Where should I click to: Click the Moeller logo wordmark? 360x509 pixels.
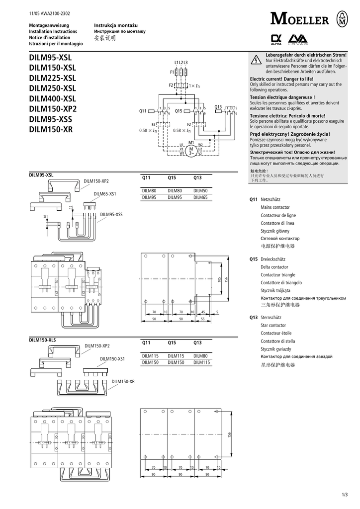click(300, 19)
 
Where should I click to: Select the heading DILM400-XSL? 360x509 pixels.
click(53, 98)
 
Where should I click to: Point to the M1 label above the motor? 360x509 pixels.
click(190, 142)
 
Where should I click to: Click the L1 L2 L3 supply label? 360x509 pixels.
click(181, 62)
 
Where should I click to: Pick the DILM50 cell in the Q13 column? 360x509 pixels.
click(200, 191)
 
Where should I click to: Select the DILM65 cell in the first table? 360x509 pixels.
click(200, 197)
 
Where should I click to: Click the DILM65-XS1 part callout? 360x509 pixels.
click(105, 193)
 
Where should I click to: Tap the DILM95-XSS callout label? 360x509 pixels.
click(111, 214)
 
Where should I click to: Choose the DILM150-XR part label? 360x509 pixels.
click(123, 381)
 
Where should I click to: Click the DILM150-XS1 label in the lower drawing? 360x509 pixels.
click(112, 358)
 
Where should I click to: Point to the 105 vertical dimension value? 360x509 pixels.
click(219, 279)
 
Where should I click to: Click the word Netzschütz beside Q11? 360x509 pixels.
click(271, 199)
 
